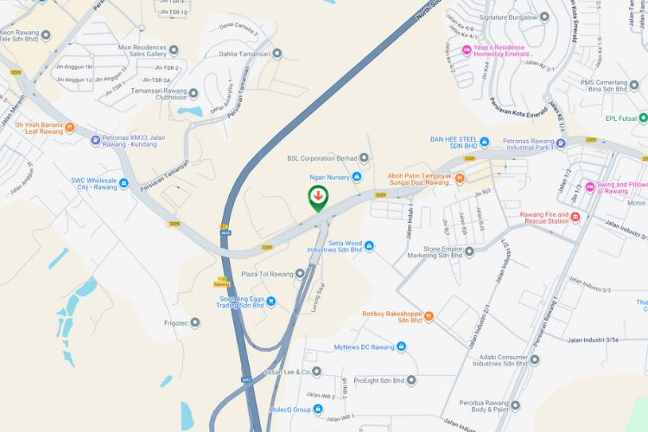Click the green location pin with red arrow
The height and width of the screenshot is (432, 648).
pos(319,196)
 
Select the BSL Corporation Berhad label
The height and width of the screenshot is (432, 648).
pos(321,158)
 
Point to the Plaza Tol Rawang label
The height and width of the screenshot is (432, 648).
pos(268,274)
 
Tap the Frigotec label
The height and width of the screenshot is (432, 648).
pos(170,323)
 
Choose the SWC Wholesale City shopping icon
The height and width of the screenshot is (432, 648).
pos(124,183)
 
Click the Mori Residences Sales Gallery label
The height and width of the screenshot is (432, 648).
pos(135,49)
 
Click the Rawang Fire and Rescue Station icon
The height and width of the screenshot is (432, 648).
pos(575,216)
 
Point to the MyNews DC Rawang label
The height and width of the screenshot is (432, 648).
pos(364,346)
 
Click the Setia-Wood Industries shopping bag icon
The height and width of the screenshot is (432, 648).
pos(370,246)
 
